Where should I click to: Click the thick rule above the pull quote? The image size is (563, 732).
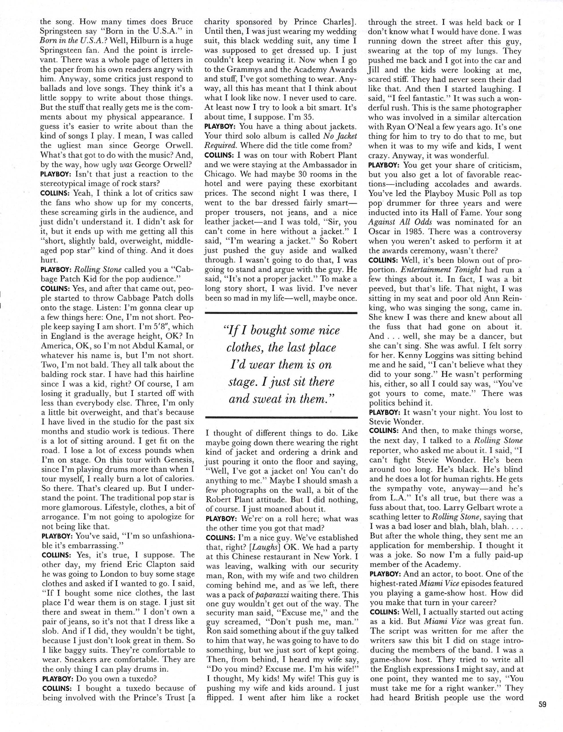(x=281, y=313)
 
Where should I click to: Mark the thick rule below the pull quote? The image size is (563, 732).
(x=281, y=417)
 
